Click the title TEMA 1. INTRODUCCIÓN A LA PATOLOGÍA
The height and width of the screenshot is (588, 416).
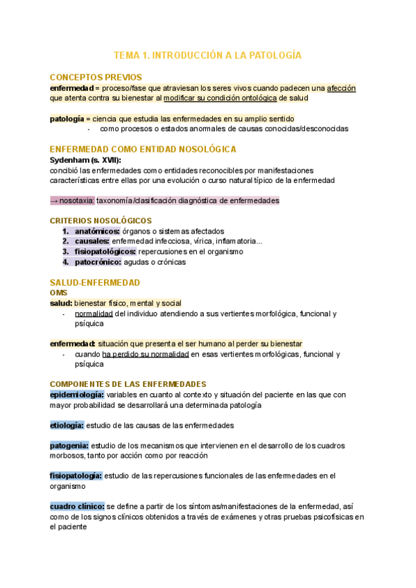pyautogui.click(x=208, y=55)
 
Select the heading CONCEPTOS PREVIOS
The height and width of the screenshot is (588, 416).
pyautogui.click(x=96, y=77)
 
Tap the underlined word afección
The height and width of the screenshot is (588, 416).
pyautogui.click(x=341, y=88)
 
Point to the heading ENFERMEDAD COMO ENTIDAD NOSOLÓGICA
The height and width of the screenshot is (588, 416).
pyautogui.click(x=144, y=149)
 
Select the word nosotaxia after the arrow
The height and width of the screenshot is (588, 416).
pyautogui.click(x=77, y=200)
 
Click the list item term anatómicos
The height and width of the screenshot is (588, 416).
pyautogui.click(x=97, y=231)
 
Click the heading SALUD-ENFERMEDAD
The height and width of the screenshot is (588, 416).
pyautogui.click(x=95, y=282)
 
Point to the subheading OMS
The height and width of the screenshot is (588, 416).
pyautogui.click(x=59, y=293)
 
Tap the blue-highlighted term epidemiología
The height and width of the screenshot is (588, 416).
pyautogui.click(x=76, y=395)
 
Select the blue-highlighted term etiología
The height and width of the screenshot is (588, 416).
pyautogui.click(x=67, y=425)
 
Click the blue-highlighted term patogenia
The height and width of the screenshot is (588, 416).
pyautogui.click(x=69, y=445)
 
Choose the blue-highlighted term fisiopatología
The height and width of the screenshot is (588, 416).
pyautogui.click(x=76, y=476)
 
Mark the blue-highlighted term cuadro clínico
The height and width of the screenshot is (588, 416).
pyautogui.click(x=76, y=506)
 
